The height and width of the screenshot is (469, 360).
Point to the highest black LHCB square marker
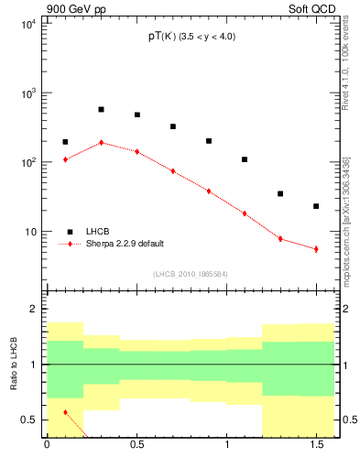[x=101, y=109]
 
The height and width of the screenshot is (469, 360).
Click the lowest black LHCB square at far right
[x=316, y=206]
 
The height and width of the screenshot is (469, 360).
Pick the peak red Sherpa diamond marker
[x=101, y=143]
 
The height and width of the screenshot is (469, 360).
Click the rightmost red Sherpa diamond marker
[x=316, y=249]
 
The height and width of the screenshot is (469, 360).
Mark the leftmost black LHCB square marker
[x=65, y=142]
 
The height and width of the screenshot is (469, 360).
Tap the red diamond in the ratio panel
[x=65, y=412]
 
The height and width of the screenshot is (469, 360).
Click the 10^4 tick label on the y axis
[x=27, y=25]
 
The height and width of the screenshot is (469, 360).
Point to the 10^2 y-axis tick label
[x=27, y=163]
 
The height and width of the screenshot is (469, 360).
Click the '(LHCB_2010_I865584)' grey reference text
[x=191, y=274]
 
